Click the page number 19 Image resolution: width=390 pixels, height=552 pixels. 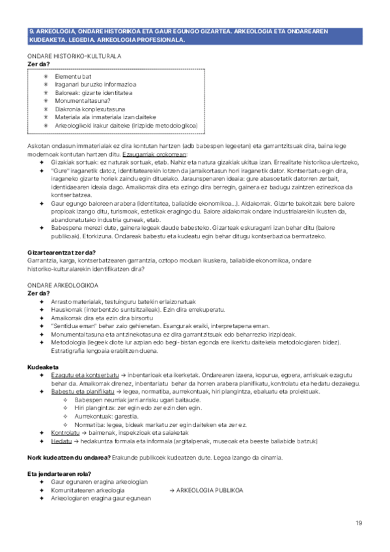point(358,523)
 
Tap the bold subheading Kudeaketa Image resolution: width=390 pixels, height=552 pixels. point(43,367)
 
